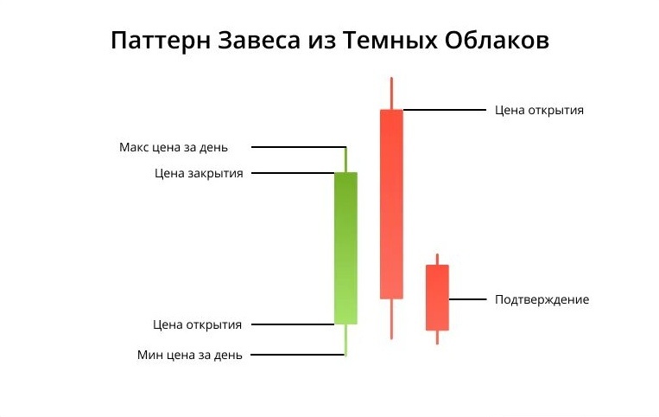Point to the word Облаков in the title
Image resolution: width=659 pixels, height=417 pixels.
pos(499,41)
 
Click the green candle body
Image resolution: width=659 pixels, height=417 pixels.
pos(345,247)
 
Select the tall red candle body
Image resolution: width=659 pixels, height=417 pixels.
pos(391,203)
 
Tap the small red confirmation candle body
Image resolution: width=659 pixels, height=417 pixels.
pos(437,297)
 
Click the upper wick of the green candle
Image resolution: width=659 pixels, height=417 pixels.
pos(345,160)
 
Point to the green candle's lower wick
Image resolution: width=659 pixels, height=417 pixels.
pos(345,340)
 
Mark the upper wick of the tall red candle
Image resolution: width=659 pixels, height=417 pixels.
pos(391,93)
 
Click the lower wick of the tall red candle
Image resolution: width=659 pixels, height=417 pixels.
pos(391,318)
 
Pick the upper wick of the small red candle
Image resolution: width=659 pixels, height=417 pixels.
pos(437,259)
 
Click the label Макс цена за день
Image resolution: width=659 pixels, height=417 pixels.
pos(174,147)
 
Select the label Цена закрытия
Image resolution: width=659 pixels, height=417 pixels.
pos(199,173)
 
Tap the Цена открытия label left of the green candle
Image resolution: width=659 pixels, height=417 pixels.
pos(198,324)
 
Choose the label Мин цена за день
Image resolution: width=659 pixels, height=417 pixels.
pos(190,355)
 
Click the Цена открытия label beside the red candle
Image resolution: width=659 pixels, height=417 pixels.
pos(539,110)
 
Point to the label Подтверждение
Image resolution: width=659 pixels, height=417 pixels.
pos(542,299)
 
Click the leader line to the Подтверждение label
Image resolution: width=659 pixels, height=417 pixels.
pos(468,299)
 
